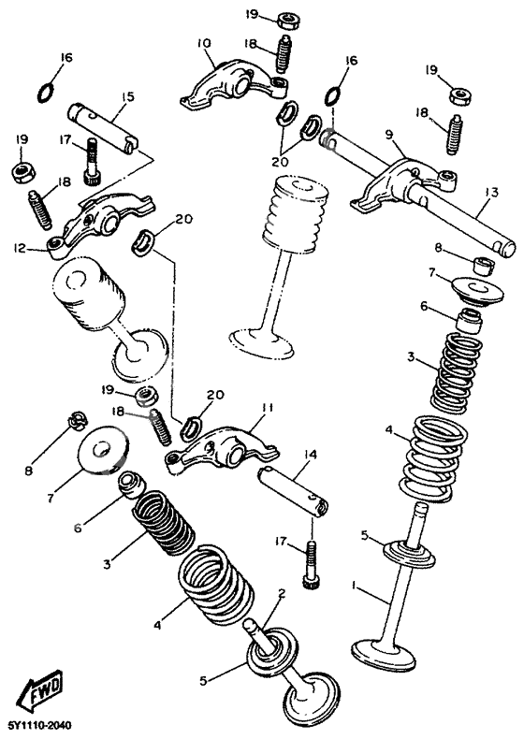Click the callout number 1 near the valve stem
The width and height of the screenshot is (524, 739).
coord(355,586)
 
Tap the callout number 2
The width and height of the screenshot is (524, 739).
coord(280,593)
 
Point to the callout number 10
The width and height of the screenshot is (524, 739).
coord(205,42)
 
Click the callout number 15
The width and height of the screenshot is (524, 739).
coord(127,96)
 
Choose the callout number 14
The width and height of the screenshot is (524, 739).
coord(310,455)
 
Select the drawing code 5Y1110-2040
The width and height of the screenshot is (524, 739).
coord(39,726)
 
